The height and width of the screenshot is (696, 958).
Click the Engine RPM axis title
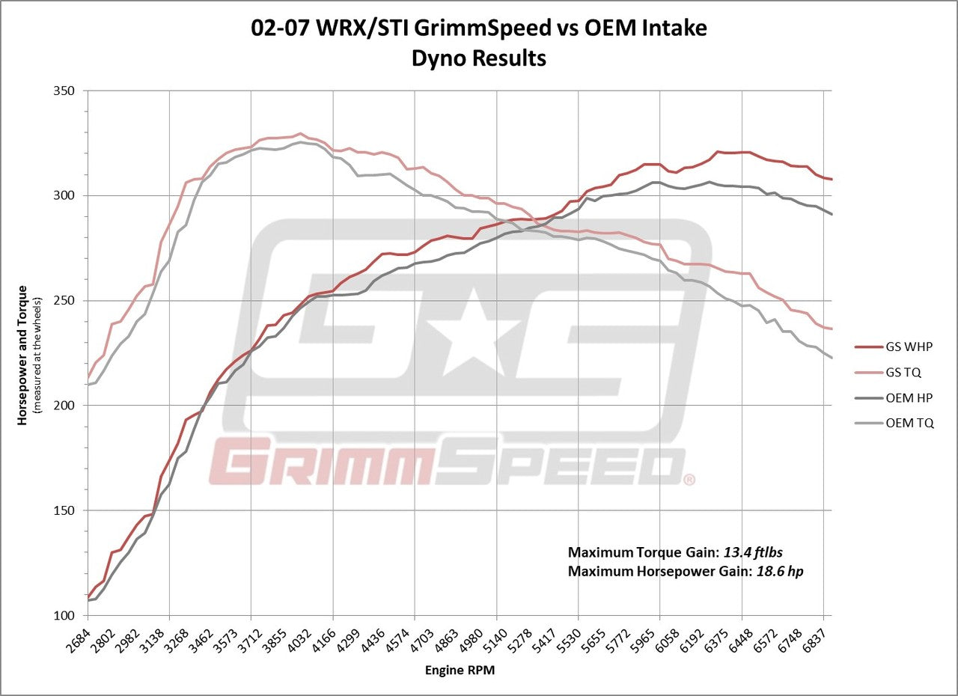click(459, 671)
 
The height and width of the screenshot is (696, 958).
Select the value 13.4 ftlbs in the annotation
click(753, 553)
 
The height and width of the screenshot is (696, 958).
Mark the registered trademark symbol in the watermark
click(689, 479)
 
